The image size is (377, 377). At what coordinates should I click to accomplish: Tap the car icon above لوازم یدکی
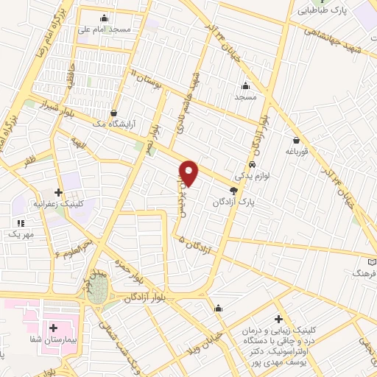coord(253,165)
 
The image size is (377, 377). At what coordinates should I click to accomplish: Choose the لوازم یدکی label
coord(252,177)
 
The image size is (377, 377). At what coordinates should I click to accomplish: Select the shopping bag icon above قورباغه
coord(296,140)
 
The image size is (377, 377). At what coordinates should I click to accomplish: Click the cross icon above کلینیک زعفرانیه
coord(58,191)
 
